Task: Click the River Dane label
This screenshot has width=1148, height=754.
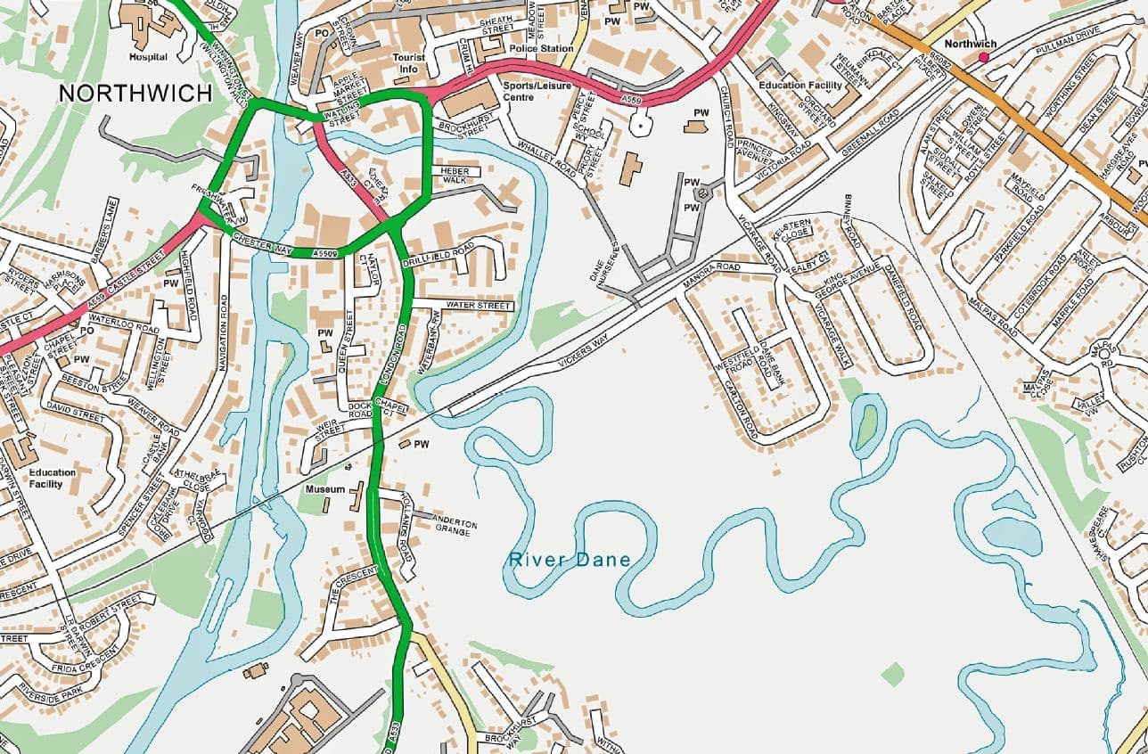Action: [570, 561]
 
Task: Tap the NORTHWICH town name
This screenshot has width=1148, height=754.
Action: [135, 94]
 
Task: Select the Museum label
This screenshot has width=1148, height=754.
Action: [325, 490]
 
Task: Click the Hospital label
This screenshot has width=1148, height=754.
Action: [148, 57]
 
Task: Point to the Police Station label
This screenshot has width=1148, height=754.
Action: [542, 48]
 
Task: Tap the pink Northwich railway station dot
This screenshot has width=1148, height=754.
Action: [984, 58]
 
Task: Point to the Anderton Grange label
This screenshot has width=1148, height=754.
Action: [455, 526]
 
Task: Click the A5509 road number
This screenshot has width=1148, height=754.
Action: [325, 254]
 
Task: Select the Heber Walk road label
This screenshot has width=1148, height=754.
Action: [455, 175]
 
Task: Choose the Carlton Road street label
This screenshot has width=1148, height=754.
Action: [741, 408]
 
